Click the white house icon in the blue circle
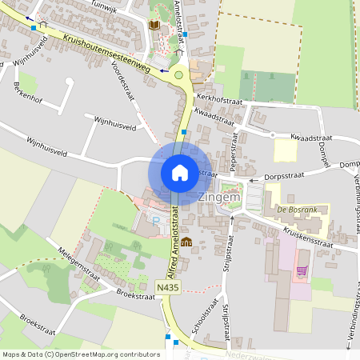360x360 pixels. pyautogui.click(x=180, y=172)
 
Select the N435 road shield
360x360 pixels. pyautogui.click(x=168, y=286)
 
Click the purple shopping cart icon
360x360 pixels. pyautogui.click(x=301, y=270)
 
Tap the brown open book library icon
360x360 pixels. pyautogui.click(x=154, y=26)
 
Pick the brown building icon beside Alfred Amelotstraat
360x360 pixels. pyautogui.click(x=186, y=242)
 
